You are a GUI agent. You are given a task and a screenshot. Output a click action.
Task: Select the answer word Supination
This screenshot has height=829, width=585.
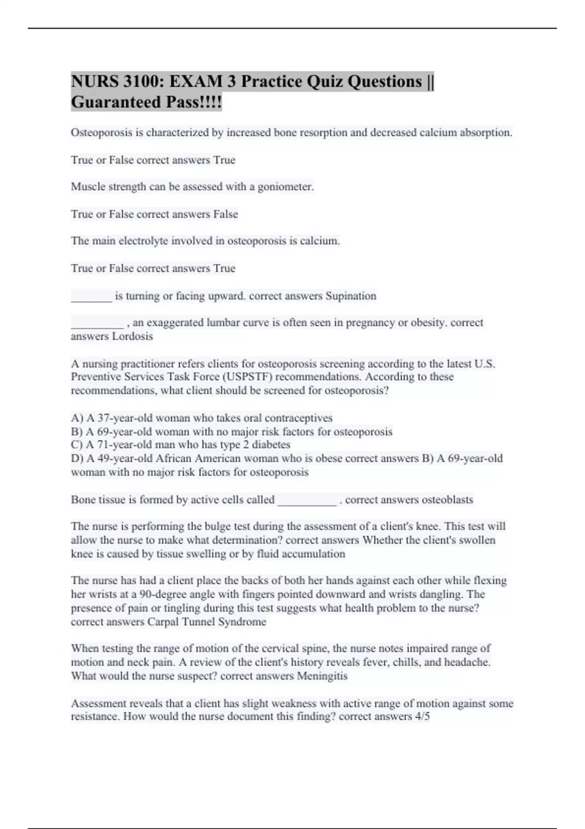click(x=351, y=296)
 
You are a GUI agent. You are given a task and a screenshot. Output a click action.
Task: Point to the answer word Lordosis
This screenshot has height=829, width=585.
click(x=133, y=336)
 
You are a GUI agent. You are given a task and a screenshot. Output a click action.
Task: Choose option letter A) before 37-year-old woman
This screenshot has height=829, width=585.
click(x=77, y=418)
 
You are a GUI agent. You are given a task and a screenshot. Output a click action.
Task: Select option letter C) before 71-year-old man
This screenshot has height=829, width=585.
click(x=77, y=445)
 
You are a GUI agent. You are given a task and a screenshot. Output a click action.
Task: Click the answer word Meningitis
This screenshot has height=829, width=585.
click(x=322, y=676)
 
